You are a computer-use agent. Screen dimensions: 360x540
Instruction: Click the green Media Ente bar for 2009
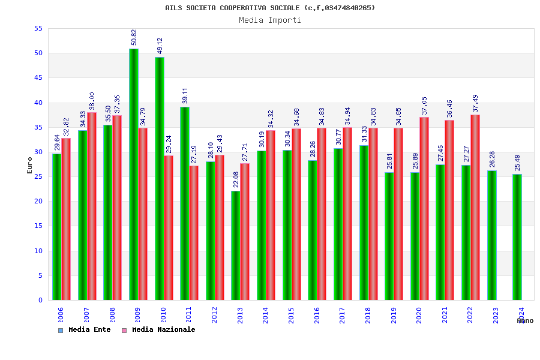(x=133, y=174)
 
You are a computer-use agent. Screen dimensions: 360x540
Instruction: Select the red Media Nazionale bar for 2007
(x=92, y=206)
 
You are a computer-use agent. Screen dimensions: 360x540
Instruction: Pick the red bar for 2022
(x=475, y=207)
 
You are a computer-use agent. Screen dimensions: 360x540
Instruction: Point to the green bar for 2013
(x=235, y=245)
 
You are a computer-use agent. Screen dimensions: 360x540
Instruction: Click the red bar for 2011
(x=194, y=233)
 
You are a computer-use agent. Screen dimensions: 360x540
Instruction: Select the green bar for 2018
(x=364, y=223)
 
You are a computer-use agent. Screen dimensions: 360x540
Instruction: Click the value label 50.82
(x=134, y=37)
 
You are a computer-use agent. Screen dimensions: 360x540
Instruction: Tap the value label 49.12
(x=160, y=46)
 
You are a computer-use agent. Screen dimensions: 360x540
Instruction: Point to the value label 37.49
(x=475, y=103)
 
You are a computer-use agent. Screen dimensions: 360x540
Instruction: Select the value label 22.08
(x=236, y=179)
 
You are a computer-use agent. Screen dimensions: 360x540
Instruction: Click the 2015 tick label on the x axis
(x=291, y=316)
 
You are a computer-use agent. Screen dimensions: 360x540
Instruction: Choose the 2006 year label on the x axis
(x=61, y=316)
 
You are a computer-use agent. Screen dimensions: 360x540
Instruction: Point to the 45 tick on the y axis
(x=38, y=78)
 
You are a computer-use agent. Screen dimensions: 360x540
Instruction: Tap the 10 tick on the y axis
(x=38, y=251)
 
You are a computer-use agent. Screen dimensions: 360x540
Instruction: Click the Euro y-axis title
(x=29, y=165)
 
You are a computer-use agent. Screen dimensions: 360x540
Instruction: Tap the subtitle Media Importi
(x=270, y=20)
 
